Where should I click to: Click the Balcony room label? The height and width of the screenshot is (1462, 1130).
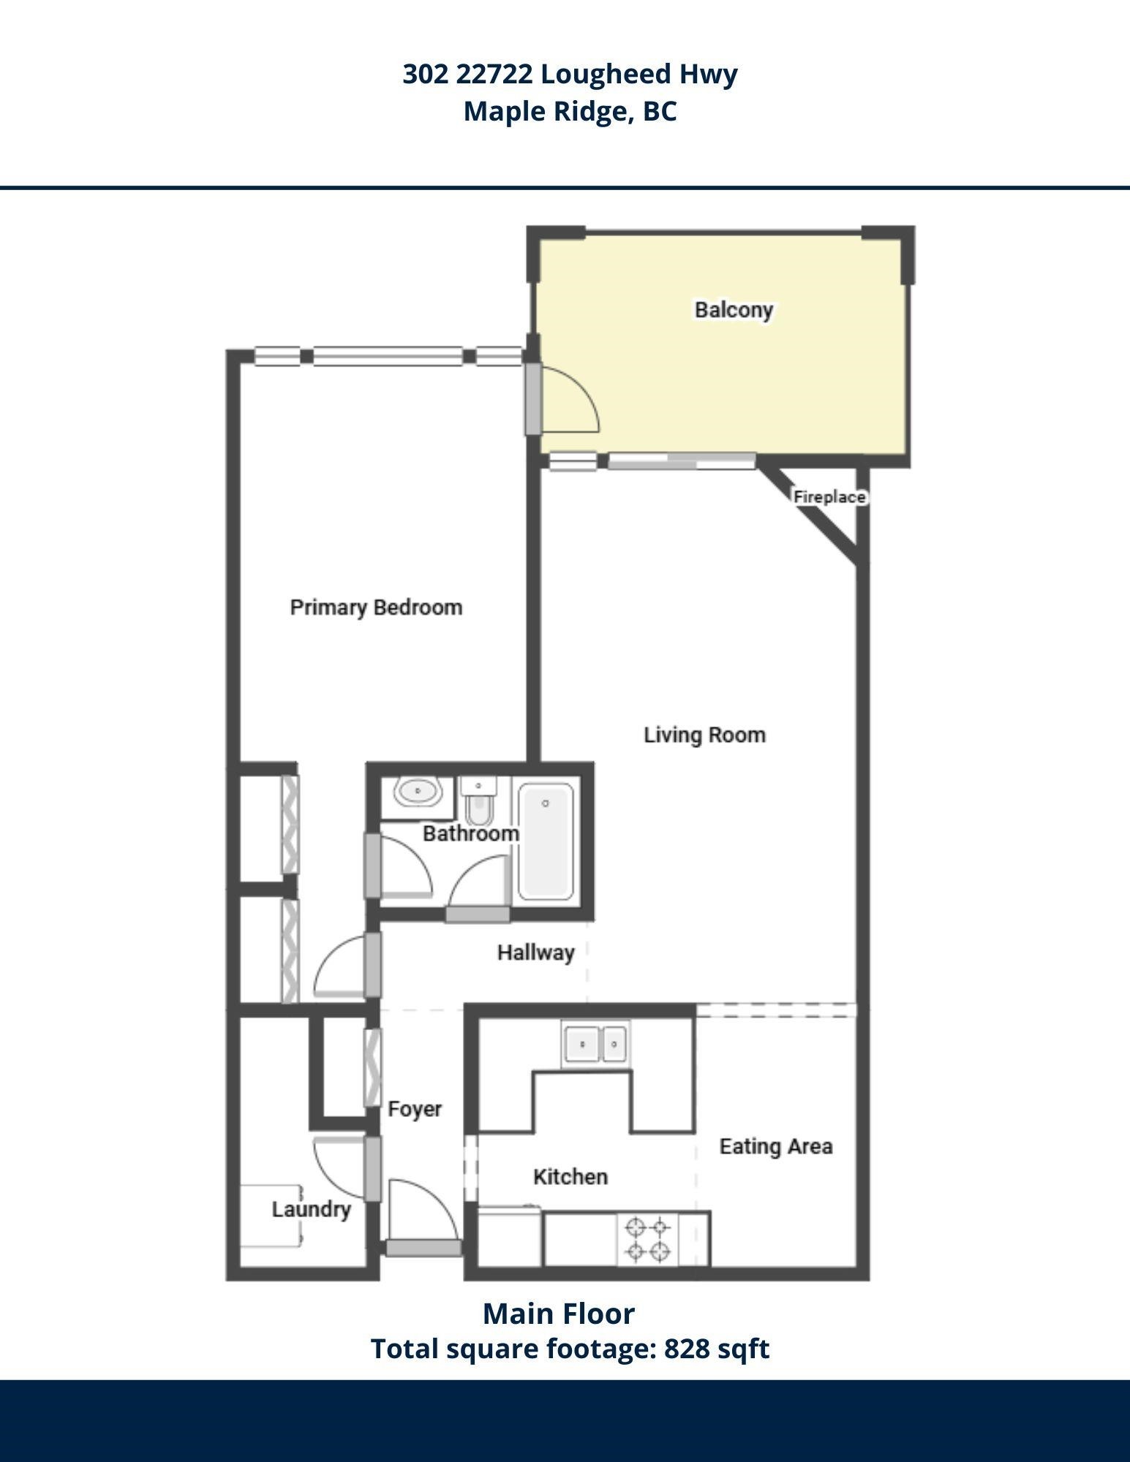point(734,310)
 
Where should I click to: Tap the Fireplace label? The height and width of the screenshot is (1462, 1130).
point(830,497)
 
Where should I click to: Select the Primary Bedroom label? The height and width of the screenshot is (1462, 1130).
point(376,607)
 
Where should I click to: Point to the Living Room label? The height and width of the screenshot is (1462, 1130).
point(704,735)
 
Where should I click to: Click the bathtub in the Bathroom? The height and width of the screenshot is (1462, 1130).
point(546,841)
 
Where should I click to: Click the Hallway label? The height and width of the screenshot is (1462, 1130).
point(535,952)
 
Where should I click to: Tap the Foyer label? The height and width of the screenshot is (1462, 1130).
point(415,1109)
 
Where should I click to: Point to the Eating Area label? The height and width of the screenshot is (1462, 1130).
point(776,1146)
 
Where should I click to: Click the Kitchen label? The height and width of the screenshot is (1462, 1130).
point(570,1177)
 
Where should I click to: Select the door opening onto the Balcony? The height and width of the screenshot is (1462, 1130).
point(562,398)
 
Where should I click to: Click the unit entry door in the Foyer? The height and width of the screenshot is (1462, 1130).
point(424,1217)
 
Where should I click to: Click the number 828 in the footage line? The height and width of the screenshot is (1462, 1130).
point(686,1349)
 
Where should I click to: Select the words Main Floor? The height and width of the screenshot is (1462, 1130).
point(559,1314)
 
